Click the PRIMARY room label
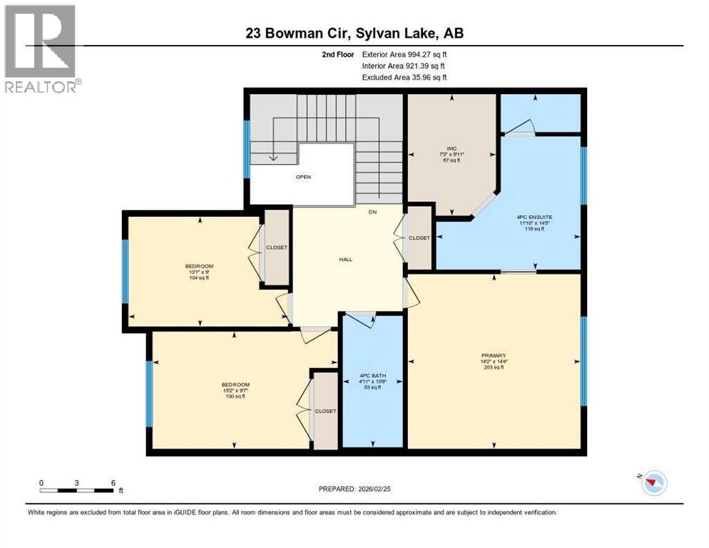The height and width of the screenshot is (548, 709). tap(494, 355)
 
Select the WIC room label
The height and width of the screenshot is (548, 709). tap(452, 148)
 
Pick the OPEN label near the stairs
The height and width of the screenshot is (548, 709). tap(304, 177)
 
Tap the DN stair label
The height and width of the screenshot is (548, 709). tap(372, 212)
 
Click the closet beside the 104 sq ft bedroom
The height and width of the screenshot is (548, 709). tap(277, 248)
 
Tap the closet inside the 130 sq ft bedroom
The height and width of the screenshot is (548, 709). tap(325, 411)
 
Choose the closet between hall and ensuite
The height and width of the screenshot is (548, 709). tap(419, 238)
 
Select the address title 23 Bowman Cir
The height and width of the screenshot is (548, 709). tap(354, 33)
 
